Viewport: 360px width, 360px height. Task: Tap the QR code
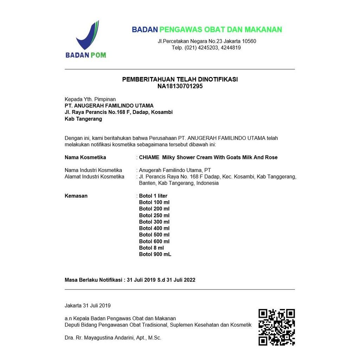(x=276, y=327)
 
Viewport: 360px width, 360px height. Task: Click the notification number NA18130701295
(x=180, y=86)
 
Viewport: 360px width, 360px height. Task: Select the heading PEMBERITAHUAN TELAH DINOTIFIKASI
(x=180, y=79)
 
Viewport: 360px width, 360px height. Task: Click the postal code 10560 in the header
(x=249, y=41)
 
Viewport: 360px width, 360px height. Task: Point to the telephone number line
(x=206, y=48)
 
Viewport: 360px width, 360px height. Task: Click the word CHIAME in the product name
(x=149, y=157)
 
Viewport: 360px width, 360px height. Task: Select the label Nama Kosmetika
(x=85, y=157)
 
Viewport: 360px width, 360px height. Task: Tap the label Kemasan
(x=76, y=196)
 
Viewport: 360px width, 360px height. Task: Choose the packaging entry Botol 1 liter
(x=153, y=196)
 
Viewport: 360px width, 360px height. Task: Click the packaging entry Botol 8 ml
(x=152, y=248)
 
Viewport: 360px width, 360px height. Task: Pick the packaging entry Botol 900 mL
(x=155, y=254)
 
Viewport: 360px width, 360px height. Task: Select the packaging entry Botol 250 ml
(x=154, y=216)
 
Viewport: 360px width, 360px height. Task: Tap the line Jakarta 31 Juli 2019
(x=88, y=306)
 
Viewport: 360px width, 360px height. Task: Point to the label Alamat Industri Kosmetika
(x=94, y=176)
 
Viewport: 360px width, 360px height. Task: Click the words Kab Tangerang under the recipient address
(x=83, y=119)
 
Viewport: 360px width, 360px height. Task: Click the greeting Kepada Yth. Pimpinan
(x=90, y=99)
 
